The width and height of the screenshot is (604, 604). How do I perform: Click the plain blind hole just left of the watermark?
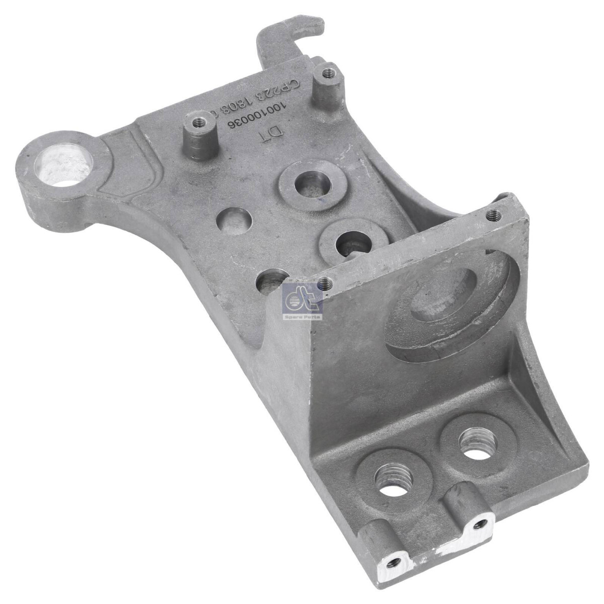(x=272, y=282)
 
